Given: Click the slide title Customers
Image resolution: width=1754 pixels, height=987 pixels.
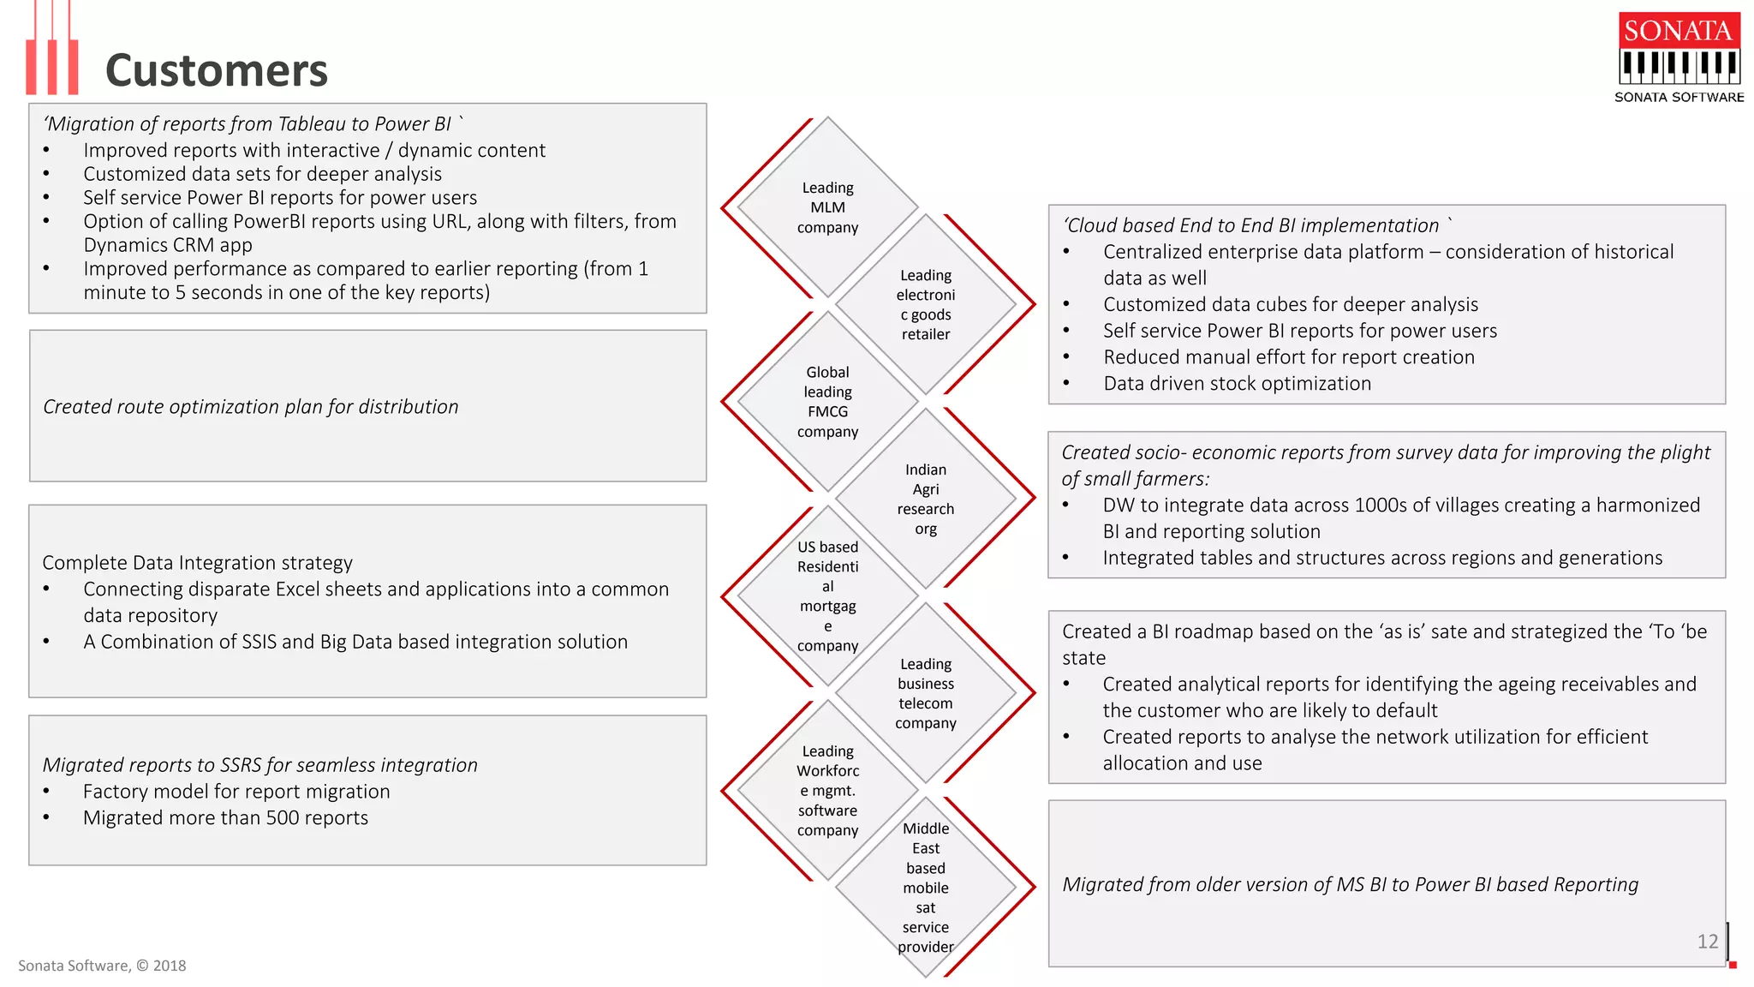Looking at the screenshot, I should pos(216,70).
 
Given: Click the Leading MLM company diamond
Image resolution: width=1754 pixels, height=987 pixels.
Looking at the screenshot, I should pos(827,207).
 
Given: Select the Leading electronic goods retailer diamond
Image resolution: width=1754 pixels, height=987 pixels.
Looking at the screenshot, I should pos(926,304).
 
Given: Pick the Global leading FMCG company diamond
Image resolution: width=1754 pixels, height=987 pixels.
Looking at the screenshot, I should pos(827,402).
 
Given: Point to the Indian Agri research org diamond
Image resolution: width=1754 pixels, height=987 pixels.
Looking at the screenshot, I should pos(926,499).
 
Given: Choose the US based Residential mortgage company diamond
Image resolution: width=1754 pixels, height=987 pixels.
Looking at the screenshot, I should pos(827,595).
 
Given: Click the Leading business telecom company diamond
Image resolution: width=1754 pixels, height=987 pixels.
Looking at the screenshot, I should pos(926,693).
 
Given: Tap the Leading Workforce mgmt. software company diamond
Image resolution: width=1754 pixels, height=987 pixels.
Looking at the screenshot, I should pos(827,790).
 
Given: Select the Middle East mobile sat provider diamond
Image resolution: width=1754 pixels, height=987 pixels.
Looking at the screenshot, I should pos(926,887).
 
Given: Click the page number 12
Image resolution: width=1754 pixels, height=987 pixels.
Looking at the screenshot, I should pos(1707,942).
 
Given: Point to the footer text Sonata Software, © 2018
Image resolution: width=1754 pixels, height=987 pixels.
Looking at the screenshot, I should pos(102,966).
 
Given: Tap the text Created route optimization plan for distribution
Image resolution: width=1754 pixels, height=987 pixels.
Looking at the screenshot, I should pos(251,407).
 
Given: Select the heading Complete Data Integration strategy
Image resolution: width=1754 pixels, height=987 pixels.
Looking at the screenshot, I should pos(197,563).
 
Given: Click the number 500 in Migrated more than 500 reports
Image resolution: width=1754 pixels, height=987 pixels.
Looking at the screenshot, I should pos(282,818).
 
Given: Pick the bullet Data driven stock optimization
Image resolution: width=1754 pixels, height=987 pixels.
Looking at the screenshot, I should pos(1237,384).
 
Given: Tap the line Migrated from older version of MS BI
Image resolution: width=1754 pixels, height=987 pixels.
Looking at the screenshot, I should pos(1350,885).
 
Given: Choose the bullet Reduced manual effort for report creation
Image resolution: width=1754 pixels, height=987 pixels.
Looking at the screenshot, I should pos(1288,357).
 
